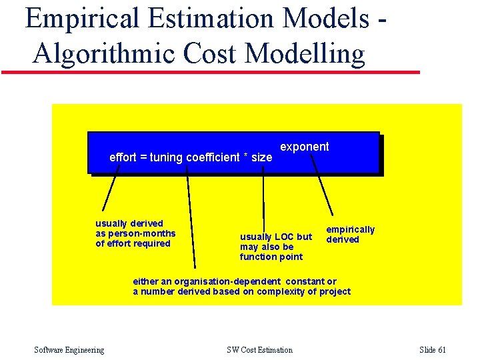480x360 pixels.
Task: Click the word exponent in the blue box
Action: click(304, 147)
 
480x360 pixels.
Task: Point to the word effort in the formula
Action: click(123, 157)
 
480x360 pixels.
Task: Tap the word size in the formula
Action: click(261, 157)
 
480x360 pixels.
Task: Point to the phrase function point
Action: click(271, 257)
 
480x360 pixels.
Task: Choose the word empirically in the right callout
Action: click(350, 229)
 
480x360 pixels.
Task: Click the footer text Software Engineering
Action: click(69, 350)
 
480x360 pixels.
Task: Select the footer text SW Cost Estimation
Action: click(259, 350)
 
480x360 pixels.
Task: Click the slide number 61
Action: click(441, 350)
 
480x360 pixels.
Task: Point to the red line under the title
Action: click(211, 71)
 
